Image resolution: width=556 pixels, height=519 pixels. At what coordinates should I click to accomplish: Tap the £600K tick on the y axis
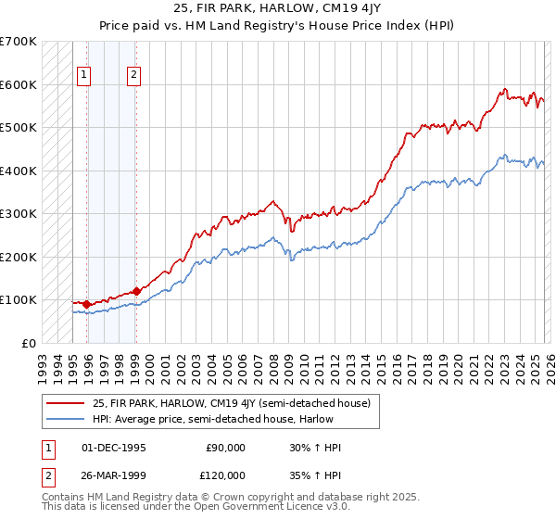click(x=19, y=84)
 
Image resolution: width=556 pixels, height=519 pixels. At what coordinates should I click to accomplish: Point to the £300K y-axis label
click(x=19, y=213)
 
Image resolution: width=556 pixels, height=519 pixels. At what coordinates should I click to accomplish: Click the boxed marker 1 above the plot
click(x=84, y=76)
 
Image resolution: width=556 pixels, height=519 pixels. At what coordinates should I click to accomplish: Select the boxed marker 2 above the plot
click(x=134, y=76)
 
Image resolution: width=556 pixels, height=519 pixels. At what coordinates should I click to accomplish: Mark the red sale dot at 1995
click(x=87, y=304)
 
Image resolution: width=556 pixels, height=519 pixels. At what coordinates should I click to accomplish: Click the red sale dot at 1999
click(x=136, y=291)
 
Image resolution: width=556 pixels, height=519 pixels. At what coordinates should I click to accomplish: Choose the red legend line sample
click(x=67, y=403)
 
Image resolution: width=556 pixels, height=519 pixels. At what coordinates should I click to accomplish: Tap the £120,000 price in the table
click(x=225, y=475)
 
